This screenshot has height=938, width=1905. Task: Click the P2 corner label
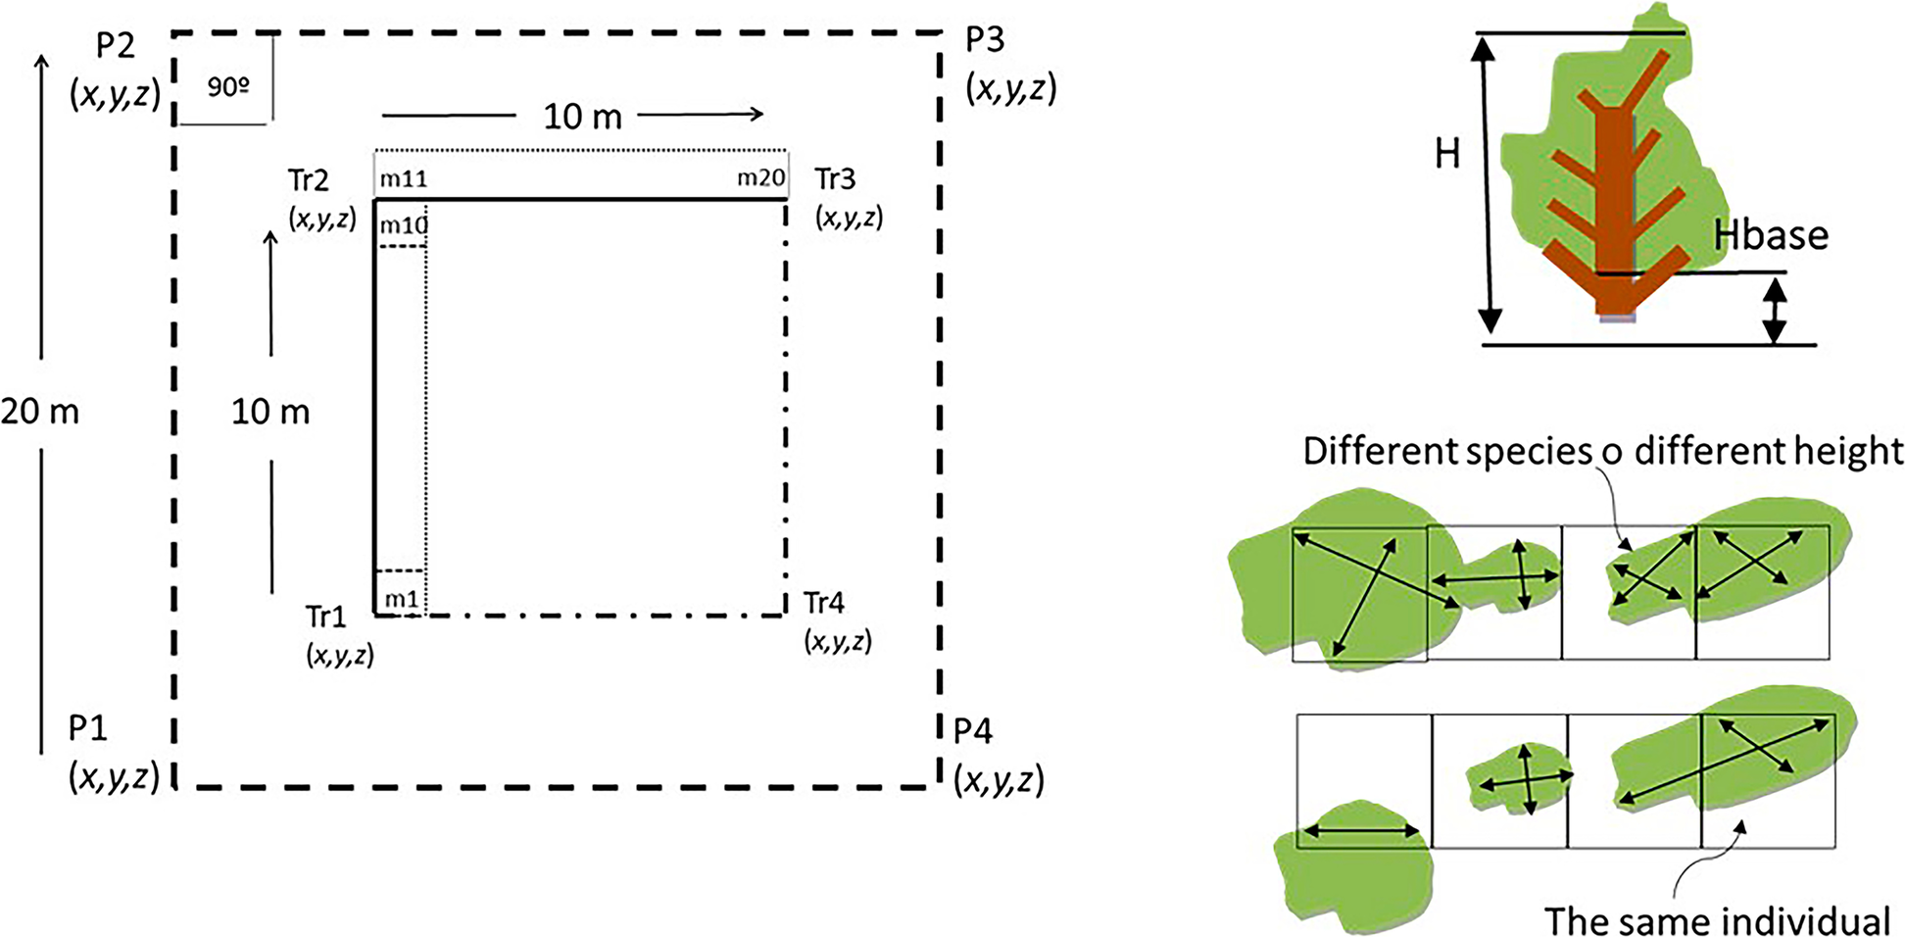(116, 47)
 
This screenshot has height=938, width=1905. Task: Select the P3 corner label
(985, 40)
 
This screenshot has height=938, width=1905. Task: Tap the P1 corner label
(87, 729)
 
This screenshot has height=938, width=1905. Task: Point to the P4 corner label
(973, 731)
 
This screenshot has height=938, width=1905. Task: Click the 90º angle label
(227, 87)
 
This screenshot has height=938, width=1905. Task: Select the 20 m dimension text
(40, 412)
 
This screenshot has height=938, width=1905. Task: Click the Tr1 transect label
(326, 617)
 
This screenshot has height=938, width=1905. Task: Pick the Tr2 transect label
(309, 181)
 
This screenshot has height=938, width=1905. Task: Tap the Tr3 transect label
(835, 179)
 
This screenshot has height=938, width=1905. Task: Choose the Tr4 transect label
(824, 604)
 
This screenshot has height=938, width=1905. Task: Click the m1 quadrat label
(401, 599)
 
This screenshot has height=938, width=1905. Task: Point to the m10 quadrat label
(404, 225)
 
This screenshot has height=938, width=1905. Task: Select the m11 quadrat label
(403, 179)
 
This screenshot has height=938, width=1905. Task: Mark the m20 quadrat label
(760, 178)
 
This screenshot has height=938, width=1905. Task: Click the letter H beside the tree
(1447, 154)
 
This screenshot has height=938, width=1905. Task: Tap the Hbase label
(1771, 235)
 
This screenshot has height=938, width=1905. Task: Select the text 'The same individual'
(1718, 921)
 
